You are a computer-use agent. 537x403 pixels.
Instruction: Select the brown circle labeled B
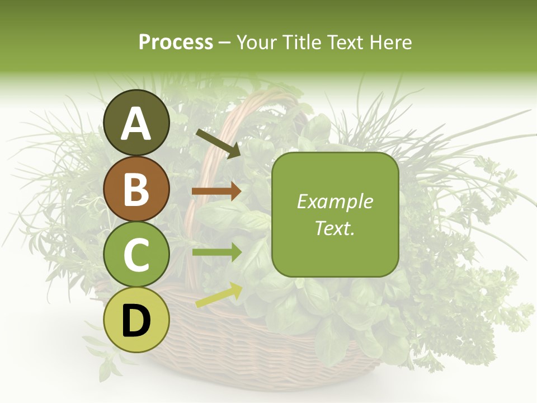pyautogui.click(x=136, y=189)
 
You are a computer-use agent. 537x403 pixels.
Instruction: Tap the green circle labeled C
pyautogui.click(x=136, y=255)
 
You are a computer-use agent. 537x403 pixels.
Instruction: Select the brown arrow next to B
pyautogui.click(x=216, y=191)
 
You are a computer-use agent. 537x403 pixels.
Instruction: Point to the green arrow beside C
pyautogui.click(x=216, y=252)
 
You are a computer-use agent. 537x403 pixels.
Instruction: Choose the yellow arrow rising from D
pyautogui.click(x=219, y=296)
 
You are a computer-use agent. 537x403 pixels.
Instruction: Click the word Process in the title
pyautogui.click(x=176, y=43)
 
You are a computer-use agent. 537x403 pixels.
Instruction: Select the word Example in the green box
pyautogui.click(x=335, y=202)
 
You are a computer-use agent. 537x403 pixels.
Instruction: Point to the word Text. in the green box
pyautogui.click(x=335, y=228)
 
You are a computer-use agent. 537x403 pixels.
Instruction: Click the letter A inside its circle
pyautogui.click(x=136, y=124)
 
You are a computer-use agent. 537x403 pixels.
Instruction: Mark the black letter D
pyautogui.click(x=136, y=321)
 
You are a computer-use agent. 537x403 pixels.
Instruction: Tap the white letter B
pyautogui.click(x=136, y=189)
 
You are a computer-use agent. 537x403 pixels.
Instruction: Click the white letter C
pyautogui.click(x=136, y=255)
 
